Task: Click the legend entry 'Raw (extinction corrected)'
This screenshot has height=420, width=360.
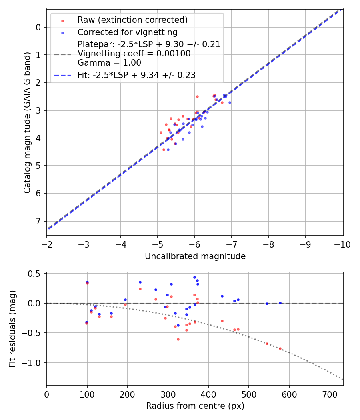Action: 132,20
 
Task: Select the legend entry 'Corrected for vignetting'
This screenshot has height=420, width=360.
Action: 127,32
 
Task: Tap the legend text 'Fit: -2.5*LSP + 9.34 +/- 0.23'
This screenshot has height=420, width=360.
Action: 136,75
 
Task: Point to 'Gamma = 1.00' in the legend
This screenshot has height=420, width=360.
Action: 109,62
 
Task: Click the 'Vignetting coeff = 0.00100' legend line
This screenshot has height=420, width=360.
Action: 134,53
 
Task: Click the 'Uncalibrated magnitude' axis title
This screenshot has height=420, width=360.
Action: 195,256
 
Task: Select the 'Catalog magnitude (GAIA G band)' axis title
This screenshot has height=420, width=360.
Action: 27,122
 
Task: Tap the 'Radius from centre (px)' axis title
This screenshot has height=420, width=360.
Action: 195,406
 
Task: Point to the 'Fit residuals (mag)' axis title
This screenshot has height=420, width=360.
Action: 13,329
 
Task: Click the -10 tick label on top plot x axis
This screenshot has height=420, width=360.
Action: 342,244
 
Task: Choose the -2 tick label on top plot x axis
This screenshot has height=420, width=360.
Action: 47,244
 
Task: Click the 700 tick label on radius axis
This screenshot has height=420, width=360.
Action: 330,394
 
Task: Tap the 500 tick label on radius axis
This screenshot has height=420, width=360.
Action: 249,394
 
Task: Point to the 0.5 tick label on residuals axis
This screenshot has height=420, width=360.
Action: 36,274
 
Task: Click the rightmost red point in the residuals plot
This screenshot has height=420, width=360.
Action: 280,349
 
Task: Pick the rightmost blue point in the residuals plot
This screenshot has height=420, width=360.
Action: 280,303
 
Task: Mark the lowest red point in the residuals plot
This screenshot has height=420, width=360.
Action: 178,339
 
